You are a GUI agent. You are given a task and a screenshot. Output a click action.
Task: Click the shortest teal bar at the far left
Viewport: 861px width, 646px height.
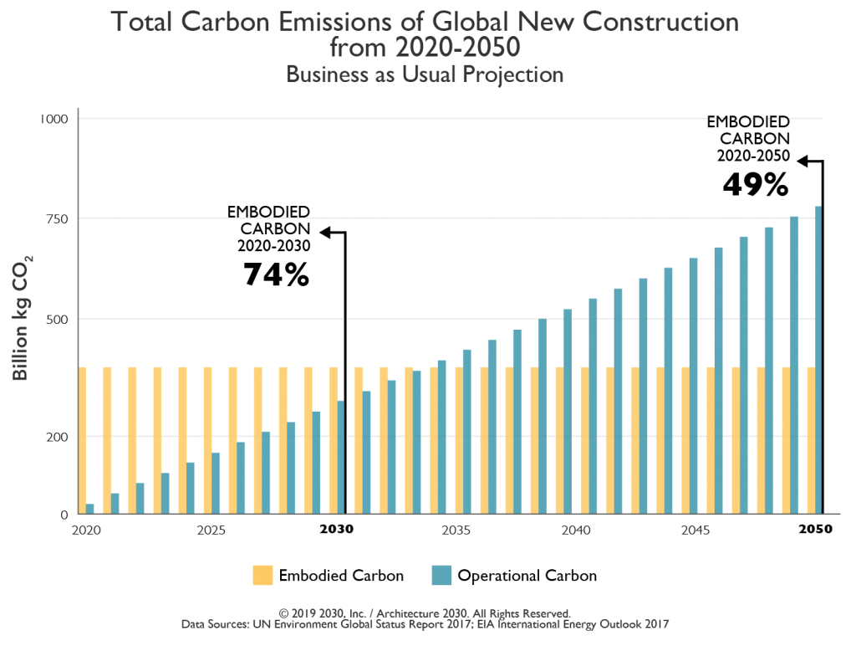click(x=92, y=507)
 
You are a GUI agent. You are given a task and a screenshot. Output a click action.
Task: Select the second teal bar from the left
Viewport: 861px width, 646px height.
click(x=115, y=502)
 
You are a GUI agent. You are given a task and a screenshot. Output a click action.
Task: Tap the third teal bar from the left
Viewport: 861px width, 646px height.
click(x=140, y=497)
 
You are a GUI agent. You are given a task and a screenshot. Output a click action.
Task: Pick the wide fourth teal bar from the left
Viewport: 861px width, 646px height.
click(x=170, y=492)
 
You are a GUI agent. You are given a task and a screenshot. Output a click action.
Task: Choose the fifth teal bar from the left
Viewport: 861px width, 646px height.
click(x=191, y=487)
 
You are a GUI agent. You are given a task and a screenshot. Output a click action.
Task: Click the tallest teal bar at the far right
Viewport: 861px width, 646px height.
click(x=818, y=360)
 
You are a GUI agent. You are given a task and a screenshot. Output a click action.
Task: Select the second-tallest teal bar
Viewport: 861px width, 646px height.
click(x=794, y=364)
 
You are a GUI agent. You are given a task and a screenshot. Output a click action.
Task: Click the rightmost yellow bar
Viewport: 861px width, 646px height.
click(x=811, y=439)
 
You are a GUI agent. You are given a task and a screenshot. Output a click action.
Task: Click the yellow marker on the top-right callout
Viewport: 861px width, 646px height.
click(x=792, y=167)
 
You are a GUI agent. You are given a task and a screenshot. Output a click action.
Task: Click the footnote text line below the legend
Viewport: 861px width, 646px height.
click(x=426, y=632)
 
